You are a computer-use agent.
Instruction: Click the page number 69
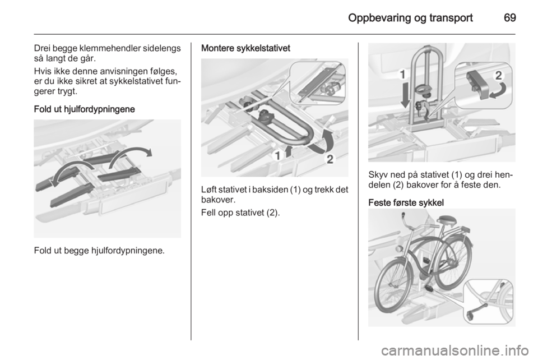click(x=510, y=17)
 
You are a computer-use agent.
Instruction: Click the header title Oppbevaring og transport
click(x=410, y=18)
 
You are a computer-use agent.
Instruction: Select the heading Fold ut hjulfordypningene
click(x=85, y=109)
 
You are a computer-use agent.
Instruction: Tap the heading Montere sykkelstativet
click(x=245, y=48)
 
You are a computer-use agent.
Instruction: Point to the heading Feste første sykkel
click(x=406, y=203)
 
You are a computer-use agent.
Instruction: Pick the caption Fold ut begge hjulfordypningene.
click(x=99, y=251)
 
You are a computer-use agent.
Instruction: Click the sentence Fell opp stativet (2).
click(x=240, y=213)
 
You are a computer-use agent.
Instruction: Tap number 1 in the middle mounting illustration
click(x=277, y=156)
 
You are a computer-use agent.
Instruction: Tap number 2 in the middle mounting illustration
click(x=330, y=159)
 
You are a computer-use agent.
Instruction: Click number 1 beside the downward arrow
click(x=403, y=75)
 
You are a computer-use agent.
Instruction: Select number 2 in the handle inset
click(x=499, y=76)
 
